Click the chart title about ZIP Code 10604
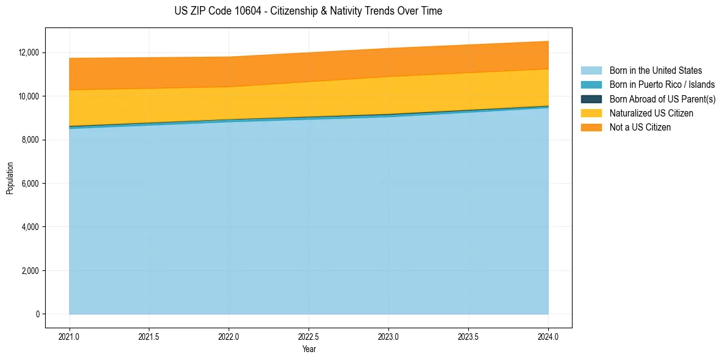click(x=308, y=11)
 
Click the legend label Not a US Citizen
click(x=640, y=128)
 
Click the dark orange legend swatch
click(x=591, y=128)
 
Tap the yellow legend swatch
click(x=591, y=113)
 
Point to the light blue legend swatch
click(x=591, y=71)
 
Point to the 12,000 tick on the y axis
click(x=29, y=53)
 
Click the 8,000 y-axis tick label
click(x=30, y=140)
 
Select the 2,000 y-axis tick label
click(x=30, y=271)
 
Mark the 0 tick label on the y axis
click(x=37, y=314)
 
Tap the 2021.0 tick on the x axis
click(x=70, y=336)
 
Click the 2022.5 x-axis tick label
click(x=309, y=336)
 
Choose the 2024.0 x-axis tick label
click(x=548, y=336)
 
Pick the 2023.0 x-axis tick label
click(x=388, y=336)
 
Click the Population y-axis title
click(x=10, y=178)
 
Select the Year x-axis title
click(x=309, y=350)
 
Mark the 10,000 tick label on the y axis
click(x=29, y=96)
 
